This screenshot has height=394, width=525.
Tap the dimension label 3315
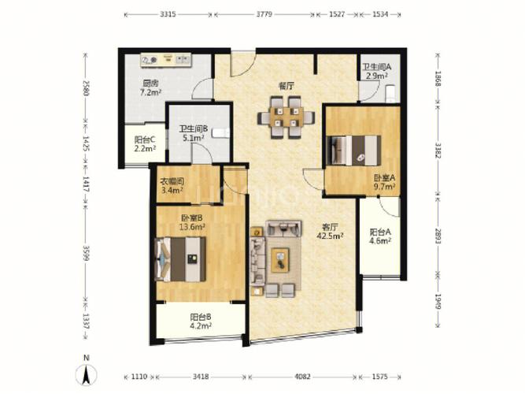pos(168,14)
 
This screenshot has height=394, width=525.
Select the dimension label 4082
pos(302,377)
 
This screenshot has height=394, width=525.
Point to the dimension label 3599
pos(87,253)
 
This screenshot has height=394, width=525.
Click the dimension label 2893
pos(438,236)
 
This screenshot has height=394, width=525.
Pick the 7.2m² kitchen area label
pos(150,92)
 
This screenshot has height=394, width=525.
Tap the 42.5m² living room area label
pos(330,236)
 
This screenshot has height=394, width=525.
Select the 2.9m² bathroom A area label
pos(377,76)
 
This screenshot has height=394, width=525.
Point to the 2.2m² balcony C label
pos(145,149)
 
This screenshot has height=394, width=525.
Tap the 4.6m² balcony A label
pos(380,240)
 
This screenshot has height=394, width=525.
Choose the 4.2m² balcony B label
pos(201,325)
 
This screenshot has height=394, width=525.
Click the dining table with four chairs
pos(287,117)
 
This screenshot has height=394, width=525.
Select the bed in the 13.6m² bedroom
pos(180,259)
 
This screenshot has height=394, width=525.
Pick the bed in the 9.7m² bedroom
pos(354,151)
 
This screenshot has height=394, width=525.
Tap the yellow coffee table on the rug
pos(280,260)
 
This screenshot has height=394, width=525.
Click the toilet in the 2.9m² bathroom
pos(390,94)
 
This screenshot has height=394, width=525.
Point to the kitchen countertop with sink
pos(166,60)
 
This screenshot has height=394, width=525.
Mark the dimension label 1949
pos(438,302)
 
